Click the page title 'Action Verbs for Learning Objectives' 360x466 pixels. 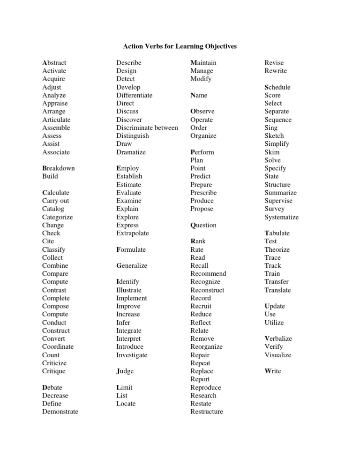[x=180, y=46]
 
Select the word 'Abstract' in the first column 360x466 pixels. [x=54, y=63]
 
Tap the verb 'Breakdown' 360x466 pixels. [x=58, y=168]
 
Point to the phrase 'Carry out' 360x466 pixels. [x=55, y=201]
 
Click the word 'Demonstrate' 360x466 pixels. [x=60, y=412]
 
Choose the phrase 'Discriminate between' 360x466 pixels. [x=147, y=128]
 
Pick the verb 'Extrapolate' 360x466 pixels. [x=133, y=233]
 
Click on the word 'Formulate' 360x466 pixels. [x=131, y=249]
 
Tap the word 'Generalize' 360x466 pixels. [x=132, y=266]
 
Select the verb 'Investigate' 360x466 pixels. [x=132, y=355]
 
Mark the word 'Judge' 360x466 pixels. [x=125, y=371]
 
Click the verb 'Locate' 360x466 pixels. [x=126, y=404]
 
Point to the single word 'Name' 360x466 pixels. [x=199, y=95]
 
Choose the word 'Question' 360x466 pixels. [x=203, y=225]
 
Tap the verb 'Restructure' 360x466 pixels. [x=207, y=412]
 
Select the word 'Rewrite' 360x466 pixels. [x=276, y=71]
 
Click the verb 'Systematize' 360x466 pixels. [x=281, y=217]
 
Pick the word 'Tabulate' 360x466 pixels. [x=277, y=233]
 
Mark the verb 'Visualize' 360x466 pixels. [x=278, y=355]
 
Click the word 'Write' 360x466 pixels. [x=273, y=371]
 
